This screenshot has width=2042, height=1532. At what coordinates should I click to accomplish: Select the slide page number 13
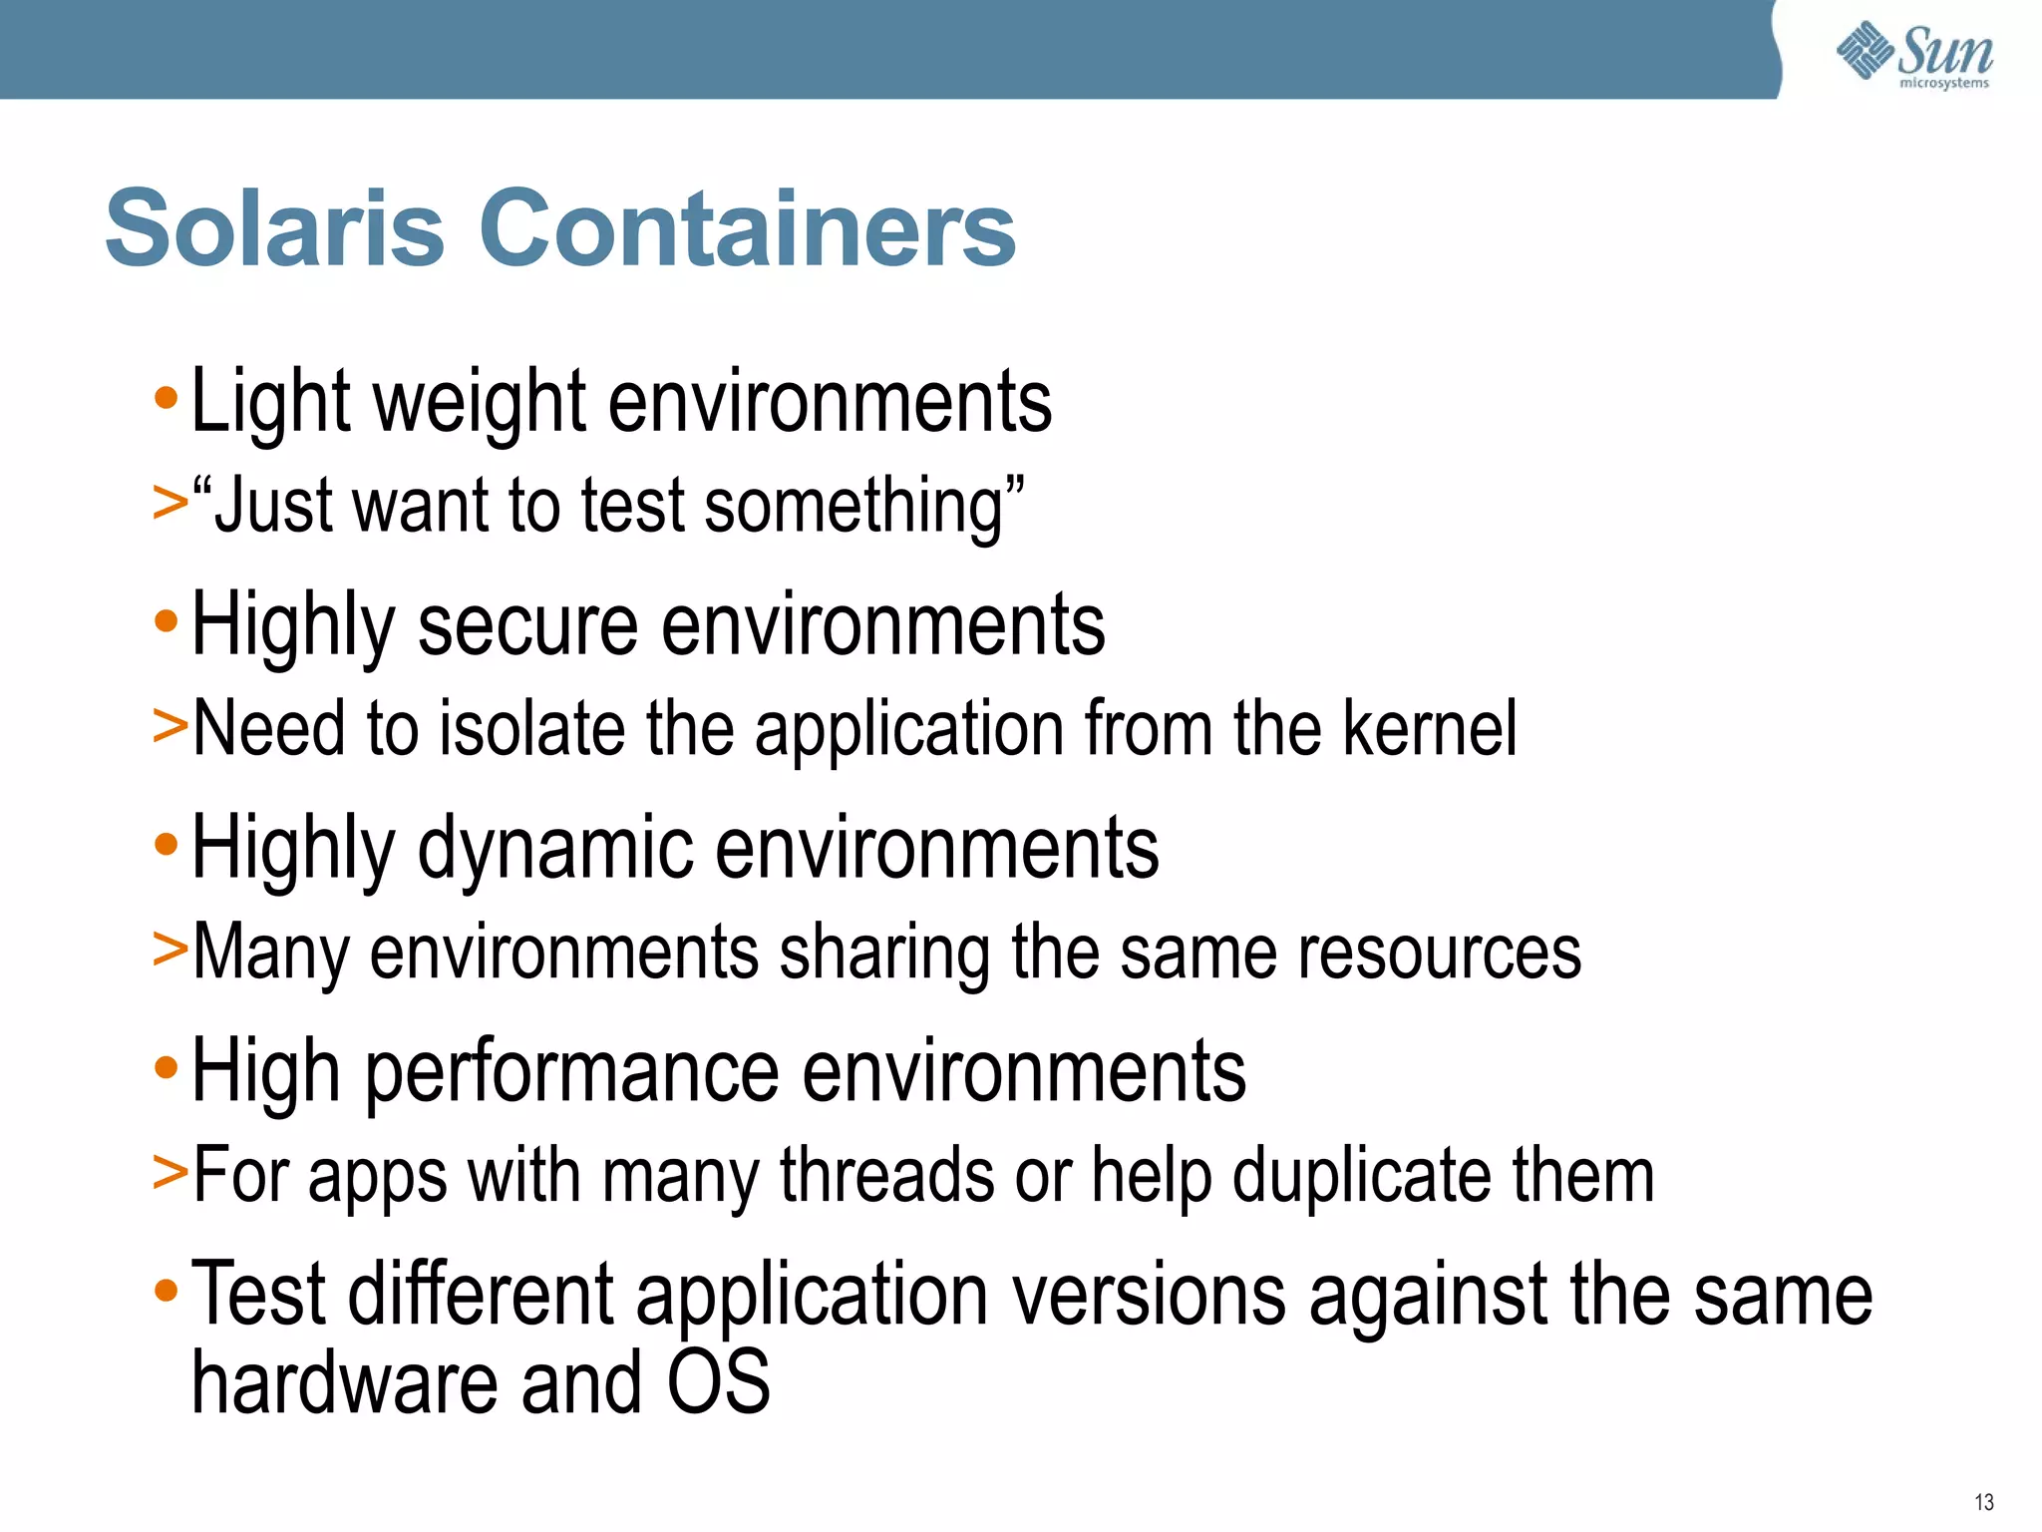click(1983, 1502)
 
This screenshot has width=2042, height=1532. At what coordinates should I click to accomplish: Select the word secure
click(527, 626)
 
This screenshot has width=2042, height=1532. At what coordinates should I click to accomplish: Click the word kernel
click(1429, 728)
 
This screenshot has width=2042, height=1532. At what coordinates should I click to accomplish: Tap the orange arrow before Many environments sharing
click(170, 948)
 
